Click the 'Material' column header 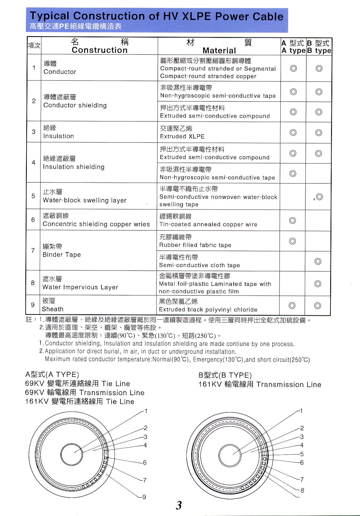(x=219, y=50)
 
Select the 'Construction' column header (x=100, y=50)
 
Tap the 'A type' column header (x=293, y=50)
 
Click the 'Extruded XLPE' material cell (x=182, y=136)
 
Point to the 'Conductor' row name (x=60, y=72)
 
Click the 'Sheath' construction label (x=53, y=309)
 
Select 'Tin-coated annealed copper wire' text (x=208, y=224)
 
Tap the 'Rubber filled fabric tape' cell (x=195, y=245)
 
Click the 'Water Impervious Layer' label (x=80, y=287)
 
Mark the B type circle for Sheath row (x=318, y=306)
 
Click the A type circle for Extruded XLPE (x=293, y=133)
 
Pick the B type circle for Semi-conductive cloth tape (x=318, y=261)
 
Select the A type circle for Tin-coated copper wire (x=293, y=221)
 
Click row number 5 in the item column (x=33, y=196)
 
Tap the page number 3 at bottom (x=179, y=506)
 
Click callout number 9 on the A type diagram (x=144, y=497)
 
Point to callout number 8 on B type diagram (x=302, y=490)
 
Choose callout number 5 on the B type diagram (x=302, y=454)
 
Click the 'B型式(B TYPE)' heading (x=225, y=375)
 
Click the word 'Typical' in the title (x=50, y=16)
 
